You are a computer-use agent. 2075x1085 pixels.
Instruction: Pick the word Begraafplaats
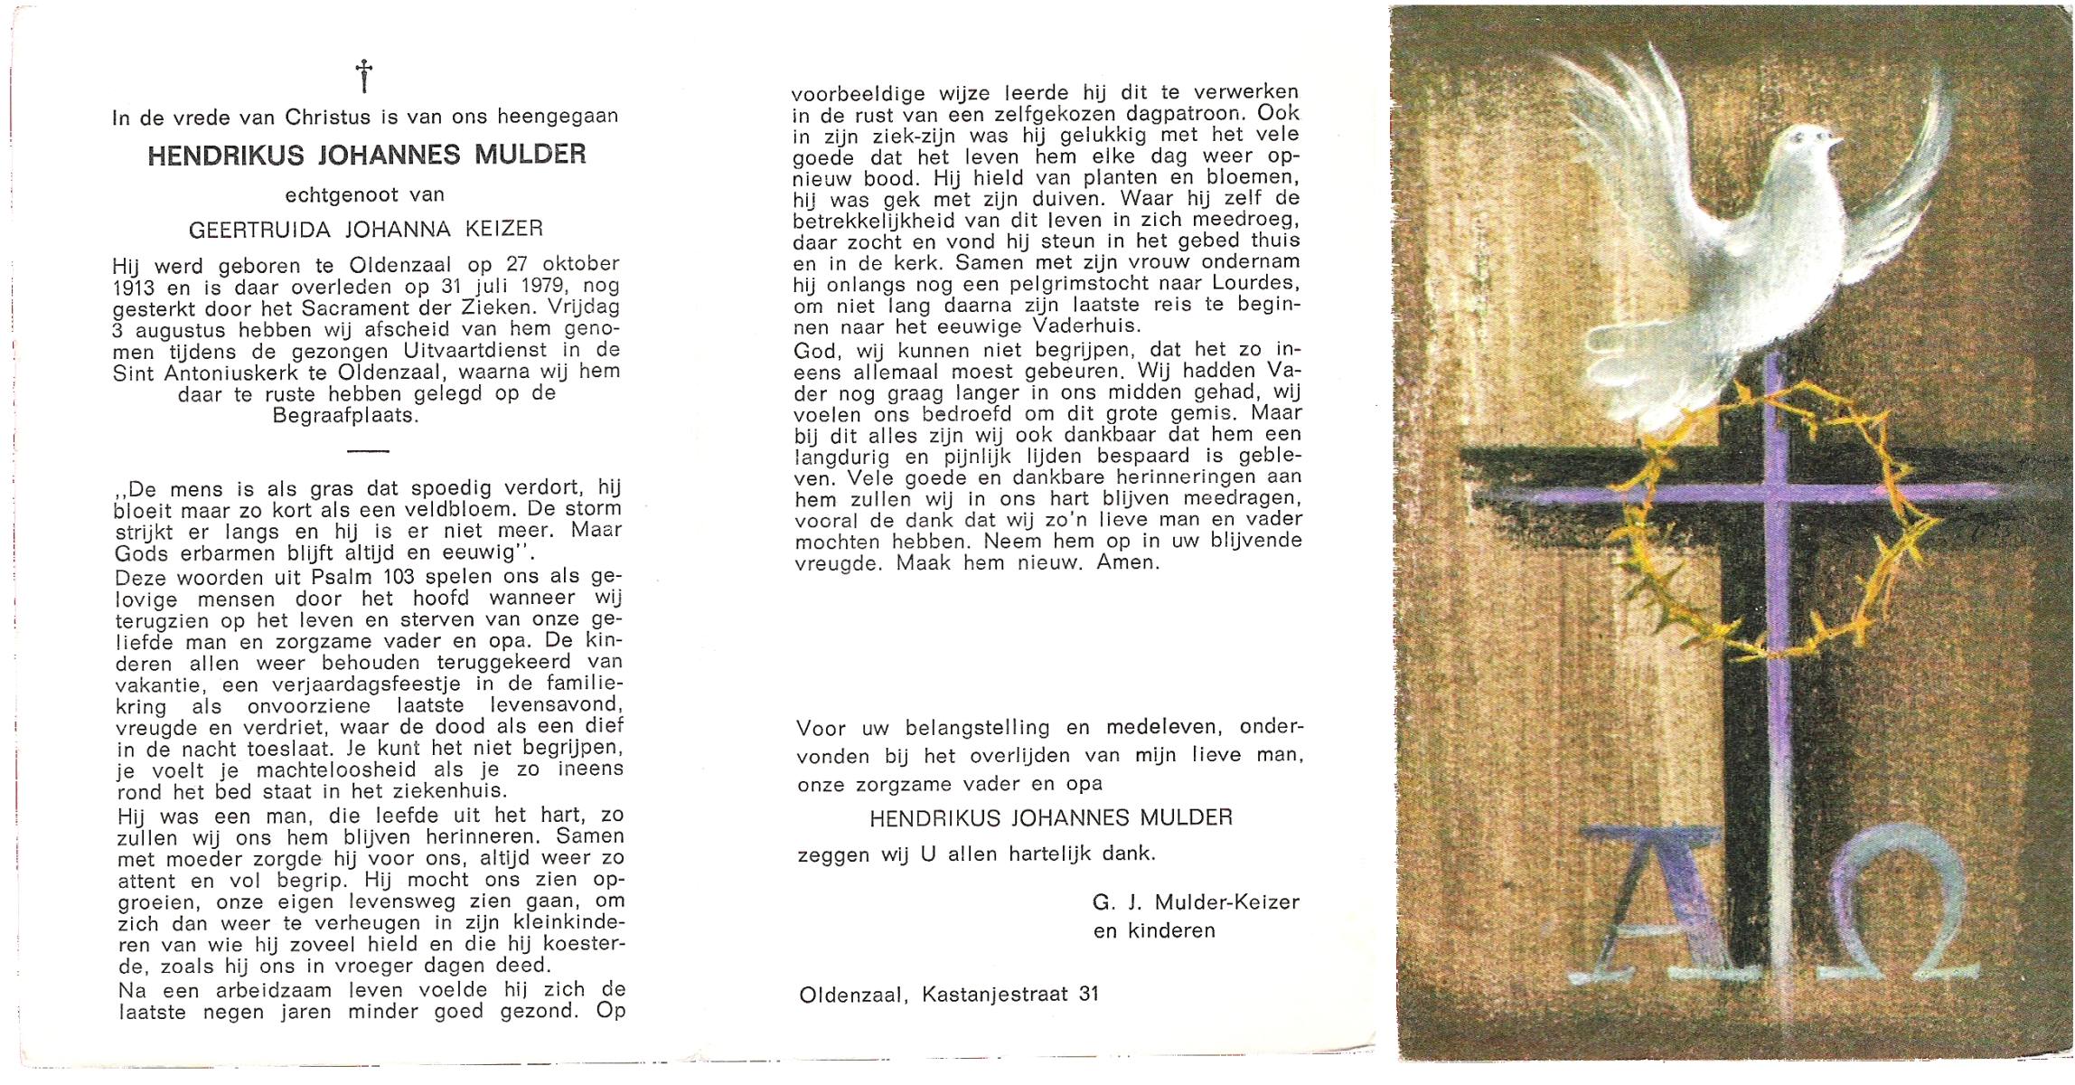point(345,416)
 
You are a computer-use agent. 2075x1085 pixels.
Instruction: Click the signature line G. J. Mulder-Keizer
point(1196,901)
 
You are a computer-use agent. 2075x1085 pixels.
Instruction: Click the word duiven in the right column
point(1068,197)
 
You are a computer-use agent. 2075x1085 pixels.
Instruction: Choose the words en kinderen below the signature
point(1153,930)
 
